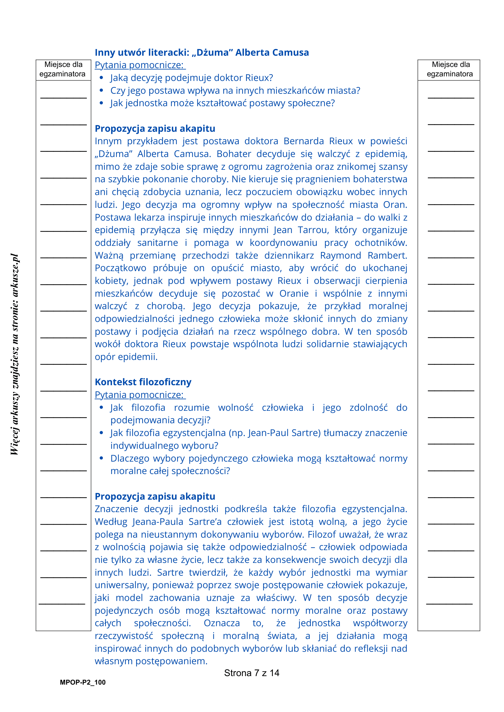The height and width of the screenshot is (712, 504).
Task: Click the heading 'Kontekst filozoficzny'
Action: [x=143, y=382]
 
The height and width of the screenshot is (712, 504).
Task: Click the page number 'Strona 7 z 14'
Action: [x=251, y=673]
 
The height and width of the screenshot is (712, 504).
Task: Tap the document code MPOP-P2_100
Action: [x=83, y=682]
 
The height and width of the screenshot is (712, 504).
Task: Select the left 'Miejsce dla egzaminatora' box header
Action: [x=63, y=69]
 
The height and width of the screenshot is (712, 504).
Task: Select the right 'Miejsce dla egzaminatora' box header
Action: [x=450, y=69]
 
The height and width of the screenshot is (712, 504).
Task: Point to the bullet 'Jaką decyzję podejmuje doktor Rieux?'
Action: [x=192, y=78]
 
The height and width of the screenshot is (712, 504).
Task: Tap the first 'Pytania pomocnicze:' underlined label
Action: [x=140, y=65]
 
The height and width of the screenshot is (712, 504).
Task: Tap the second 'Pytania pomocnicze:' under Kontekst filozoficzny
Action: [x=140, y=394]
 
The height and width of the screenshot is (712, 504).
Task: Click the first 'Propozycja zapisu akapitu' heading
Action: [x=155, y=128]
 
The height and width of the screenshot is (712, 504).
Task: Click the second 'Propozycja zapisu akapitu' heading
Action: [x=155, y=496]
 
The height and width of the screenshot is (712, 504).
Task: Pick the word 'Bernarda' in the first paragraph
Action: [x=304, y=141]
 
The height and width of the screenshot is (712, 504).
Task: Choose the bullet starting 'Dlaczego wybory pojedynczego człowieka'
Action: [x=259, y=458]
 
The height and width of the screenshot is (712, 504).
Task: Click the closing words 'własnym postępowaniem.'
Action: [x=151, y=661]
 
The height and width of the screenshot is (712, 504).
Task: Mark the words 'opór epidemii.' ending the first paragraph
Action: [x=126, y=357]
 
